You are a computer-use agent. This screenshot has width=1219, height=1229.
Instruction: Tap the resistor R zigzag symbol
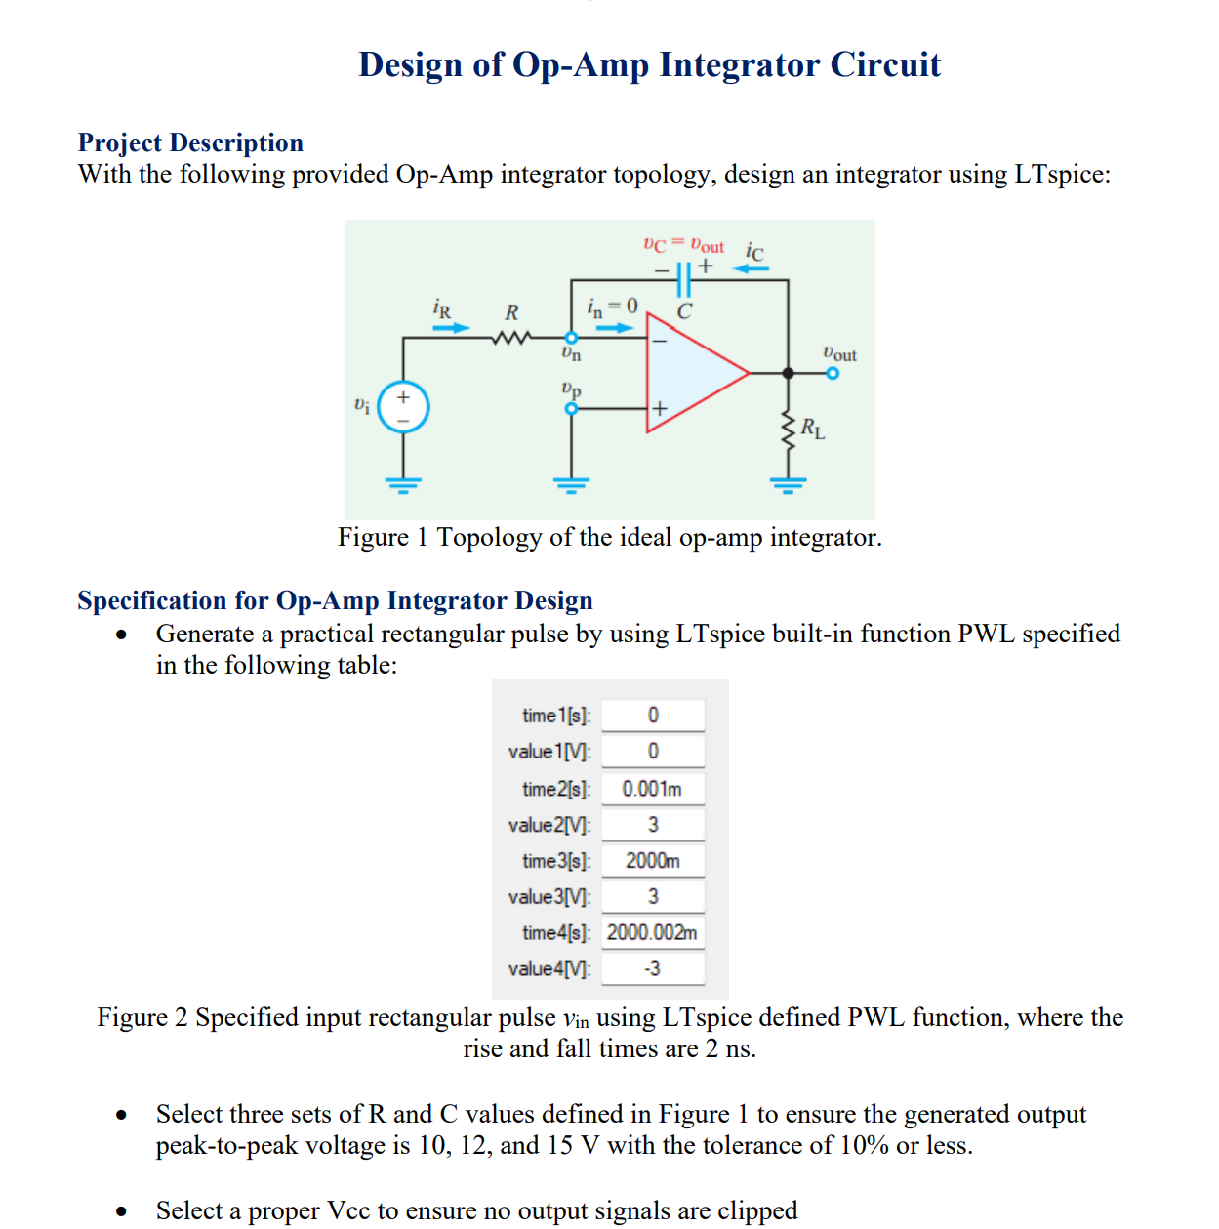tap(511, 339)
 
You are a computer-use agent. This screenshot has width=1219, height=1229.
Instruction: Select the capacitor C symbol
tap(683, 280)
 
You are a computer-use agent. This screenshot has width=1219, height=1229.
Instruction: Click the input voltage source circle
tap(403, 407)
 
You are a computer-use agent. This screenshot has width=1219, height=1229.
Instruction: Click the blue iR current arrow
tap(451, 328)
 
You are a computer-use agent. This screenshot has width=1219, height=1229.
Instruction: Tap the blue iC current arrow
tap(752, 268)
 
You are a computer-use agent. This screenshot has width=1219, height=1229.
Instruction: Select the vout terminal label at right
tap(839, 353)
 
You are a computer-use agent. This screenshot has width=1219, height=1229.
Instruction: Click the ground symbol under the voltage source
tap(403, 482)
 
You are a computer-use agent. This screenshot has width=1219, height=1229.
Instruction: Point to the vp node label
tap(571, 389)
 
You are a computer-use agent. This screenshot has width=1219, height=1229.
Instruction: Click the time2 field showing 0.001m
tap(652, 789)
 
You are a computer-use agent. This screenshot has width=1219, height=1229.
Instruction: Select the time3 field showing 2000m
tap(652, 861)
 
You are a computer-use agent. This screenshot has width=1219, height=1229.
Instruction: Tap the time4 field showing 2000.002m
tap(652, 933)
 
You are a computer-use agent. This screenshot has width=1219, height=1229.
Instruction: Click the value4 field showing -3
tap(652, 968)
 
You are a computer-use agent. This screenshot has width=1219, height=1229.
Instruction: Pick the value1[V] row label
tap(549, 752)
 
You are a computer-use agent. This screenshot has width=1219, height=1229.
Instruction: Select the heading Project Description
tap(190, 143)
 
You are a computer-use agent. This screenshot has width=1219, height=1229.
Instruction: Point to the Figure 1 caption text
tap(609, 537)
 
